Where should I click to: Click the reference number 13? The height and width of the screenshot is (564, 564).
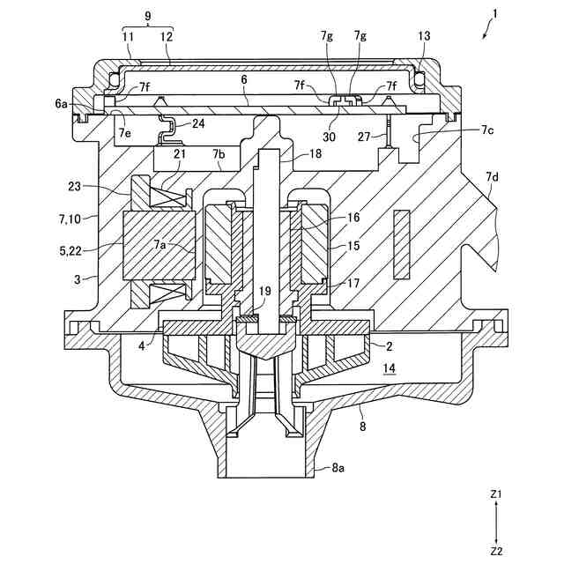pyautogui.click(x=424, y=36)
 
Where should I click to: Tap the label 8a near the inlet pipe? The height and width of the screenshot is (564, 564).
pyautogui.click(x=338, y=468)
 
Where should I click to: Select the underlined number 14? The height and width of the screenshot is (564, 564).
pyautogui.click(x=390, y=368)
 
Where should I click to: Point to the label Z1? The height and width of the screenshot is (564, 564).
pyautogui.click(x=495, y=494)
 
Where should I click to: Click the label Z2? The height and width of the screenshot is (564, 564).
pyautogui.click(x=495, y=551)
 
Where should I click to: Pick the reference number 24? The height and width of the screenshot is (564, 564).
pyautogui.click(x=198, y=123)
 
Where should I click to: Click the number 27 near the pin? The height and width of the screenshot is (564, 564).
pyautogui.click(x=364, y=137)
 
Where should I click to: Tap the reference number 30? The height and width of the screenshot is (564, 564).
pyautogui.click(x=329, y=137)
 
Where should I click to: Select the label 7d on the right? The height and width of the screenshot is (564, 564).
pyautogui.click(x=492, y=177)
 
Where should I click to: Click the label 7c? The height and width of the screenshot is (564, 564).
pyautogui.click(x=486, y=130)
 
